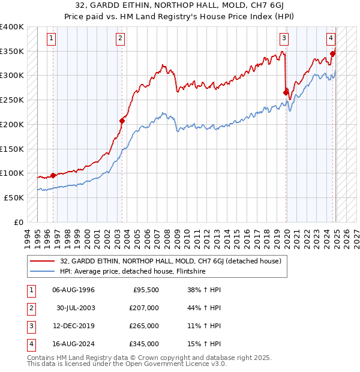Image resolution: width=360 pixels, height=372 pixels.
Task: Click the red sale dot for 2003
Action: coord(122,121)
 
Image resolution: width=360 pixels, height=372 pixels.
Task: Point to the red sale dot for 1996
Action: coord(53,175)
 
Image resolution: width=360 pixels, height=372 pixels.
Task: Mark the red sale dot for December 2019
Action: coord(286,92)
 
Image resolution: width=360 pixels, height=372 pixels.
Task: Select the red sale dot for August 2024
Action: coord(332,53)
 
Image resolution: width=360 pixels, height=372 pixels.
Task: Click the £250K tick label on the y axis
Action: coord(12,100)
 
